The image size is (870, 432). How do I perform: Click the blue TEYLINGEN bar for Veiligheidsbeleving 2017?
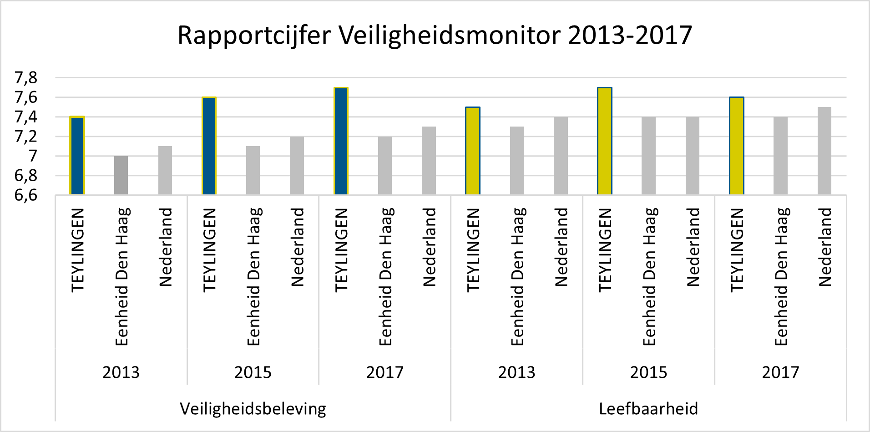click(x=341, y=141)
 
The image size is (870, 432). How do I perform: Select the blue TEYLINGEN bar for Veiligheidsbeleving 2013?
click(x=77, y=156)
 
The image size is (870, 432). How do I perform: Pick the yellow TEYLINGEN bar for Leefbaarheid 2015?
click(x=605, y=141)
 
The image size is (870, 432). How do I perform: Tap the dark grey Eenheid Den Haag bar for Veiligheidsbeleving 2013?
click(x=121, y=175)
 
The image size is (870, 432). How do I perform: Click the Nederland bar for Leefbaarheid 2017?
click(x=824, y=151)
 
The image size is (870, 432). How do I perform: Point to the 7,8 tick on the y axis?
click(x=26, y=78)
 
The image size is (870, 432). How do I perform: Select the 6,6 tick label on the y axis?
click(x=26, y=195)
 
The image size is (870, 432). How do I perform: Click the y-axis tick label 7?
click(x=33, y=156)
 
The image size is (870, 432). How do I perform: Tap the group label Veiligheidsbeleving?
click(x=253, y=409)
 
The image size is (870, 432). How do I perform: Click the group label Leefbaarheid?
click(x=648, y=409)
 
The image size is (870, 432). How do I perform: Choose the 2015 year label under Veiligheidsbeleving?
click(x=253, y=372)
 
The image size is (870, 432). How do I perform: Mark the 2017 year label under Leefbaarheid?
click(x=780, y=372)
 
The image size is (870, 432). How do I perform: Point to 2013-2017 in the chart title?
click(x=630, y=36)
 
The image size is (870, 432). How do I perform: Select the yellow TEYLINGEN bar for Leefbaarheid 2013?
click(x=473, y=151)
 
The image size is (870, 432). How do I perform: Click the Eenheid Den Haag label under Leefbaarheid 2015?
click(x=649, y=277)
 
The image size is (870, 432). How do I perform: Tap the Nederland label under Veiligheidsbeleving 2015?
click(x=297, y=247)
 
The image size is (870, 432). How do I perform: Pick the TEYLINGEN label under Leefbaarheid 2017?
click(x=737, y=250)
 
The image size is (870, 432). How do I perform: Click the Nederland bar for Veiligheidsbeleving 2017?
click(x=429, y=161)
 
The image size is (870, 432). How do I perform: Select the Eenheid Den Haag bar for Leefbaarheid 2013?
click(x=517, y=161)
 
